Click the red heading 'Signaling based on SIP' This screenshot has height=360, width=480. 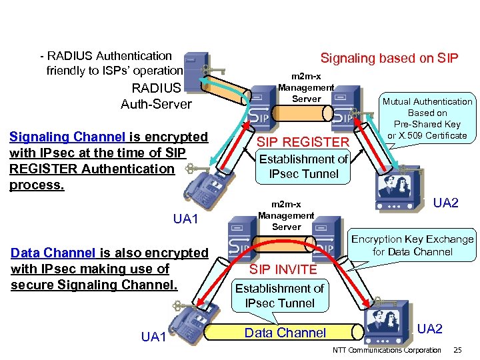pos(389,58)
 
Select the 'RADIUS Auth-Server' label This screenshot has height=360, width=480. pos(156,96)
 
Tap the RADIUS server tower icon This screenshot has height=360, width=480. pos(194,69)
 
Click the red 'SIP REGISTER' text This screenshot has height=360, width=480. pos(303,141)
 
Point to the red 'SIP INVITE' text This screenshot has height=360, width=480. pos(283,269)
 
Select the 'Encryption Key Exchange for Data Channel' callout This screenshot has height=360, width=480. pos(412,245)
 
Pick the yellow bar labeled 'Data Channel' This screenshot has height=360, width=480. pos(285,333)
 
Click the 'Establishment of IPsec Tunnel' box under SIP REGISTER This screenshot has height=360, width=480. pos(303,167)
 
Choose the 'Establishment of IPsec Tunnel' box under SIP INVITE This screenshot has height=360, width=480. pos(279,295)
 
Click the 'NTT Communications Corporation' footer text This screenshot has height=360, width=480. pos(386,350)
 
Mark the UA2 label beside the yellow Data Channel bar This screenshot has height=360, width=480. pos(429,328)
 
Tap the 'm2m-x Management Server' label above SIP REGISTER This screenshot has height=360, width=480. pos(306,87)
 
